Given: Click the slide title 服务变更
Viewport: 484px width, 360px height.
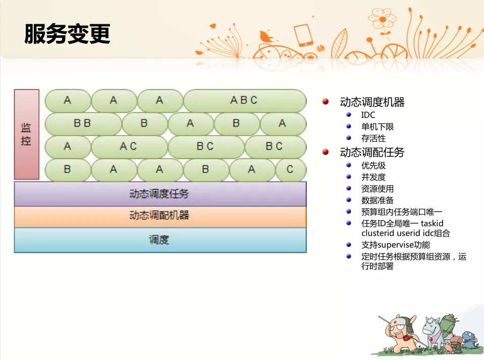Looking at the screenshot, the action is coord(67,34).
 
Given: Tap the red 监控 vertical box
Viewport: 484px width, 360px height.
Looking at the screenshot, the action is coord(27,134).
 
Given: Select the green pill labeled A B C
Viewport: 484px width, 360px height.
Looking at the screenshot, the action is coord(244,100).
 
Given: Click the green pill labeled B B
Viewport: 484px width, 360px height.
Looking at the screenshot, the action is coord(83,124).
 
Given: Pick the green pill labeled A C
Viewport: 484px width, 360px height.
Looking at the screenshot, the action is coord(129,146).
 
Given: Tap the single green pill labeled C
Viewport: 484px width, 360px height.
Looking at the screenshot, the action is coord(290,169).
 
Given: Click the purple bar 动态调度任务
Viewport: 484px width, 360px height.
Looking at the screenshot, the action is coord(160,194).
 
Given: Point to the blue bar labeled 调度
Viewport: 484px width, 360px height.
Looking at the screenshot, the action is coord(160,240).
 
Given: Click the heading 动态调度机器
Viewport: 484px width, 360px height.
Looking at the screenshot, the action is coord(372,102).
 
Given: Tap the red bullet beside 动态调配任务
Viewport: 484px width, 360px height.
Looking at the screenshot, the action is coord(326,152).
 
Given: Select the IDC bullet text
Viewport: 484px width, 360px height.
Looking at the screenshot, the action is coord(368,115).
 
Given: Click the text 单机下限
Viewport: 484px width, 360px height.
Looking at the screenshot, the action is coord(378,127).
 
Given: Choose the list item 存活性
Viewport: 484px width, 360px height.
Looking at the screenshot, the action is coord(373,139).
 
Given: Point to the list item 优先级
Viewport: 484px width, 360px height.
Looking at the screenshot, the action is coord(373,166).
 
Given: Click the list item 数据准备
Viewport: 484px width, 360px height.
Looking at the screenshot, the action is coord(378,201).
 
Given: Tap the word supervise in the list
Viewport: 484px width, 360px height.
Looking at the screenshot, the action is coord(395,245).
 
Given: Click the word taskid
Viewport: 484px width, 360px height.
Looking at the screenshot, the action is coord(432,223).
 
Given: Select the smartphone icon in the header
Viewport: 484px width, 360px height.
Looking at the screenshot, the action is coord(303,35).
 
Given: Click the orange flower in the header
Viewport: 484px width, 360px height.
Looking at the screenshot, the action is coord(383,20).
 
